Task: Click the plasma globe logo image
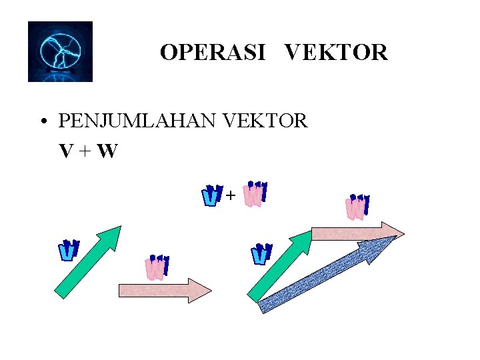pos(60,51)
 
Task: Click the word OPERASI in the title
pos(212,52)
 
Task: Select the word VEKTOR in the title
pos(336,52)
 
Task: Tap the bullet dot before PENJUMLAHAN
pos(43,122)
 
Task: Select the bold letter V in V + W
pos(65,152)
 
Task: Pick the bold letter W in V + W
pos(107,152)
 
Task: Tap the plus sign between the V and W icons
pos(231,195)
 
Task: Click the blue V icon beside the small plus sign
pos(211,195)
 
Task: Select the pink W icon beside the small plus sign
pos(254,193)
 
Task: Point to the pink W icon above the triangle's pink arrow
pos(357,207)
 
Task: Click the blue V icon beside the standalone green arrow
pos(68,250)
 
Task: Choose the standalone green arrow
pos(87,261)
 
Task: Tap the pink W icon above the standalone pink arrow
pos(157,267)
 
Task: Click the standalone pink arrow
pos(164,290)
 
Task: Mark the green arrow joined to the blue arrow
pos(279,265)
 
